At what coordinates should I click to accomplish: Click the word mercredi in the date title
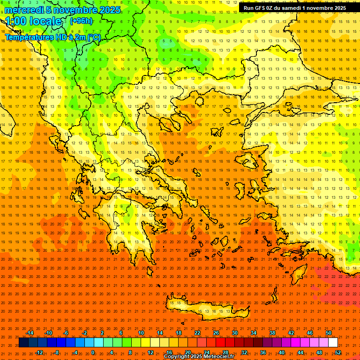[x=24, y=10]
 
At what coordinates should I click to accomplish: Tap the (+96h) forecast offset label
[x=81, y=21]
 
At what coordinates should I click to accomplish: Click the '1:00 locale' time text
[x=33, y=21]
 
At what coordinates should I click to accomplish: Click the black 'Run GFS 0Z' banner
[x=294, y=7]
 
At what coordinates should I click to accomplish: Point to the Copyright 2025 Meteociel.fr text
[x=199, y=356]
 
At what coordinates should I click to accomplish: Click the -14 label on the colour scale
[x=30, y=333]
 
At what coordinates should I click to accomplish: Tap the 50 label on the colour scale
[x=328, y=333]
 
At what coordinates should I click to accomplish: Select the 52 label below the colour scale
[x=338, y=352]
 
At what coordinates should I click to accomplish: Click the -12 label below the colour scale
[x=39, y=352]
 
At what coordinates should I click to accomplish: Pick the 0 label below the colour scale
[x=93, y=352]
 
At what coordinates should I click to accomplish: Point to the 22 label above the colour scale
[x=197, y=333]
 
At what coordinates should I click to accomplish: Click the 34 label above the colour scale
[x=254, y=333]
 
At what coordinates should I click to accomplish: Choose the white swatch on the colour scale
[x=333, y=343]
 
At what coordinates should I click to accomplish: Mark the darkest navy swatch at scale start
[x=23, y=343]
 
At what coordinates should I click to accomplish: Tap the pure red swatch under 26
[x=220, y=343]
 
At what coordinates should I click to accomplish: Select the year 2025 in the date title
[x=106, y=10]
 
